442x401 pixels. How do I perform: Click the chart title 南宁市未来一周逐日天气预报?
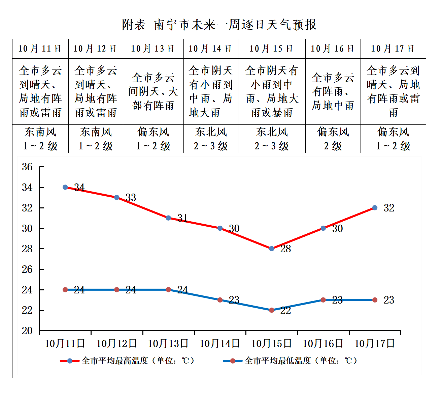click(x=219, y=25)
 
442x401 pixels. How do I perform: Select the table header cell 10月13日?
click(x=153, y=49)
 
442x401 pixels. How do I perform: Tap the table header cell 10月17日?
click(x=393, y=49)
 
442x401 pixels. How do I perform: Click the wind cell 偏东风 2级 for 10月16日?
click(x=333, y=139)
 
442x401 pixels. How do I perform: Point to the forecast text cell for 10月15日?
click(x=272, y=91)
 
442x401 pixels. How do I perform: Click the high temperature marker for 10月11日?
click(x=65, y=187)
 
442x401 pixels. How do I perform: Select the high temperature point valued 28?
click(x=272, y=249)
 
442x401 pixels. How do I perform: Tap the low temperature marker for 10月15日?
click(x=272, y=310)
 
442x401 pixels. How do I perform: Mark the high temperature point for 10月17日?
click(x=375, y=208)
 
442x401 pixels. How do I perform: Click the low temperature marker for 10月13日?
click(x=168, y=290)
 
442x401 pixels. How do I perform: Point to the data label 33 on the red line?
click(x=131, y=198)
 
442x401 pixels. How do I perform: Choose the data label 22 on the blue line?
click(x=285, y=311)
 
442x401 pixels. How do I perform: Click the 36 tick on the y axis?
click(x=27, y=167)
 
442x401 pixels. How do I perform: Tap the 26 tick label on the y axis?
click(x=27, y=269)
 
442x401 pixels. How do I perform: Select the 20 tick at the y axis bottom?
click(x=27, y=331)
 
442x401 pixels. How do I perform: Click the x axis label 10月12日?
click(x=116, y=344)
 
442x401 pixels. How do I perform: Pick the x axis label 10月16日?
click(x=323, y=344)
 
